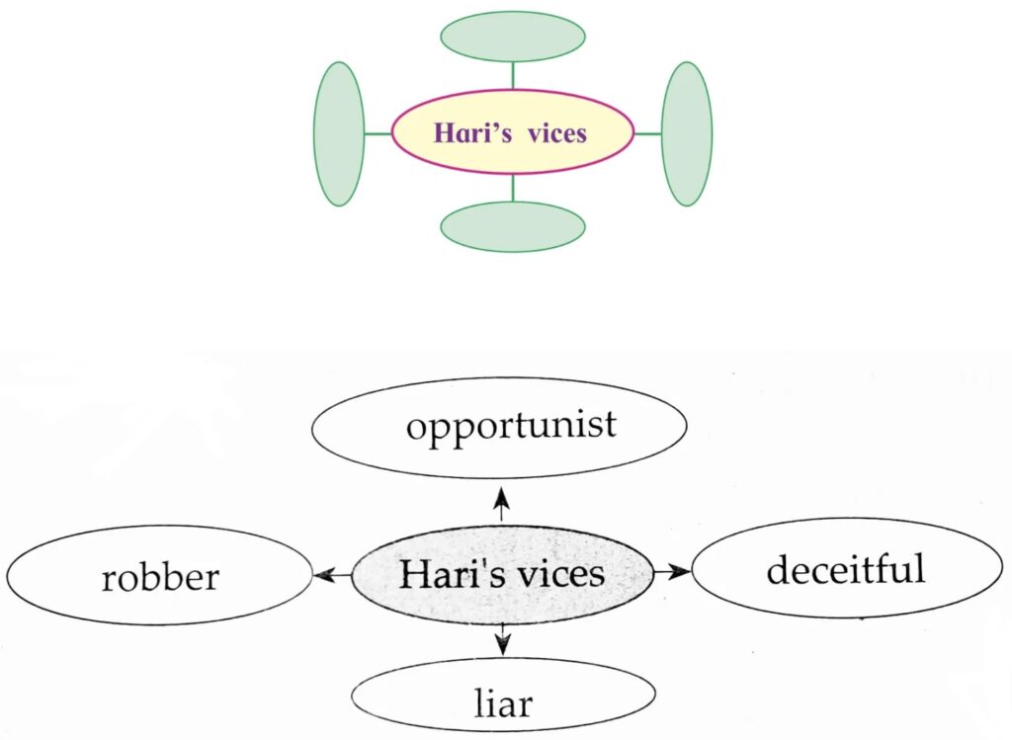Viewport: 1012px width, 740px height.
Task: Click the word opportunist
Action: click(511, 426)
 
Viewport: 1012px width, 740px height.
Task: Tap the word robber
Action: click(159, 577)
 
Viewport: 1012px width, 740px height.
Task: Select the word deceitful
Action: click(846, 570)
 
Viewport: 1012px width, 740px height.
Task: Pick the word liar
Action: click(503, 703)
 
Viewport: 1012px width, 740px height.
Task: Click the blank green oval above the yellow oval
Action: click(512, 37)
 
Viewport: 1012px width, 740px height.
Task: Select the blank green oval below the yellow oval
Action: click(512, 226)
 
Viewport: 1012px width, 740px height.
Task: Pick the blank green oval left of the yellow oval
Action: click(339, 133)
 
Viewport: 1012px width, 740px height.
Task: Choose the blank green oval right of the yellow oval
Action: click(687, 133)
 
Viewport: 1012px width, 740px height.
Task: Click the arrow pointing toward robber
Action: click(331, 575)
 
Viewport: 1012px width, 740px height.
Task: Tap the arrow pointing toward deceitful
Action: click(671, 572)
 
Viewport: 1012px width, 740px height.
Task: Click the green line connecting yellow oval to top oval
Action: click(512, 75)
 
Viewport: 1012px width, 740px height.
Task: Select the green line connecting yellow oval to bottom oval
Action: click(512, 188)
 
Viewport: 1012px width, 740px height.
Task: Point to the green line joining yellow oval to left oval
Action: click(378, 133)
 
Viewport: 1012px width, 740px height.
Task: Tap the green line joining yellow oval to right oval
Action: click(647, 133)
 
